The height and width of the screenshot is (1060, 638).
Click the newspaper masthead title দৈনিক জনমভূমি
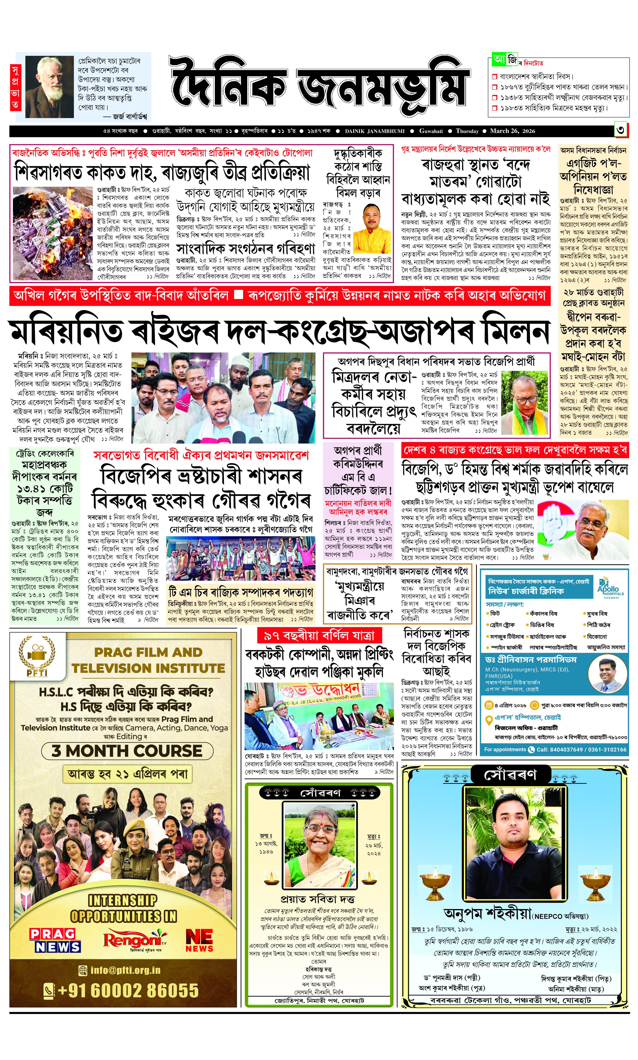point(319,86)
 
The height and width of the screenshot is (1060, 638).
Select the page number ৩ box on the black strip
point(620,131)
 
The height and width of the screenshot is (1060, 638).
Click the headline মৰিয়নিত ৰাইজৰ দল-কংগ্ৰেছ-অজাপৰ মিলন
point(280,332)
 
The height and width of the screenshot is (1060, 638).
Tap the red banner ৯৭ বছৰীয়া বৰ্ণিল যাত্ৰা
point(319,635)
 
